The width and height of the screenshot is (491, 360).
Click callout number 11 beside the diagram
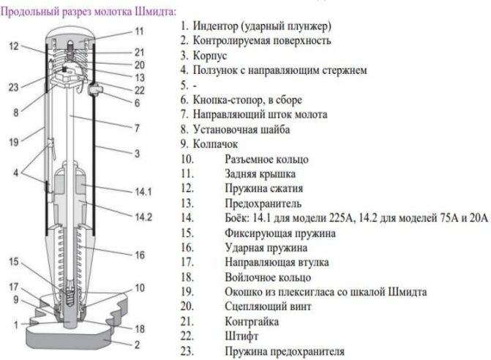(x=139, y=31)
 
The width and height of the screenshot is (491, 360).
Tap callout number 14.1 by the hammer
(x=143, y=192)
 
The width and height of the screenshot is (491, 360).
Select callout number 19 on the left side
(x=13, y=142)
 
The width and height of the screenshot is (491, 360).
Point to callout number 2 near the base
(x=137, y=345)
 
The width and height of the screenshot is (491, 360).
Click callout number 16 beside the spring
(x=140, y=255)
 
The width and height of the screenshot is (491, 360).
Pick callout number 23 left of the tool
(x=13, y=87)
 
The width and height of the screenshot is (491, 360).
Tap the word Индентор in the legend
(x=215, y=26)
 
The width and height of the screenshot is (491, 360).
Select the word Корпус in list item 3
(x=210, y=56)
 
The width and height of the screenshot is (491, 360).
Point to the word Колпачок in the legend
(x=215, y=144)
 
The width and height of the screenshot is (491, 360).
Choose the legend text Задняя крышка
(x=261, y=173)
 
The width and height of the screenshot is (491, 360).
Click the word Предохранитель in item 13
(x=263, y=204)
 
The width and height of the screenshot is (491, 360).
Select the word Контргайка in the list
(x=252, y=322)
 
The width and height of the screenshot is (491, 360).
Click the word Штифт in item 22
(x=241, y=337)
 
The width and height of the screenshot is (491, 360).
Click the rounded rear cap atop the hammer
(x=70, y=34)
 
